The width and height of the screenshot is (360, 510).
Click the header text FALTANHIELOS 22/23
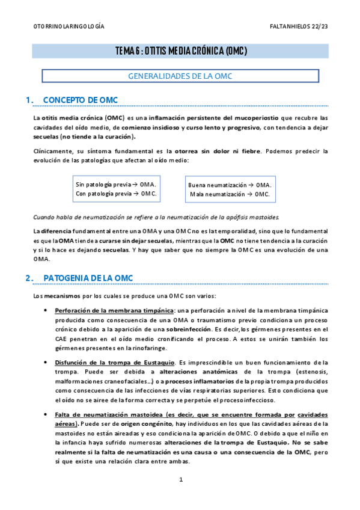click(299, 26)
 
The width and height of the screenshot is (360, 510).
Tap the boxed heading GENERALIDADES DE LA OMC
click(180, 76)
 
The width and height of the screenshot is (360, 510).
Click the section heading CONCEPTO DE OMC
click(81, 99)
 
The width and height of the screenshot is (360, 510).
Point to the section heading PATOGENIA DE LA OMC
click(89, 277)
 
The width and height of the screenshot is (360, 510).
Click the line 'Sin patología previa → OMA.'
click(116, 183)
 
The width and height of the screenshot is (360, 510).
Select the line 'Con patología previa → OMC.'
click(116, 193)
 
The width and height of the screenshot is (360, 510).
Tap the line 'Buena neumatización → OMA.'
click(230, 185)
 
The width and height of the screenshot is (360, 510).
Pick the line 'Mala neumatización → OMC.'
click(230, 194)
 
